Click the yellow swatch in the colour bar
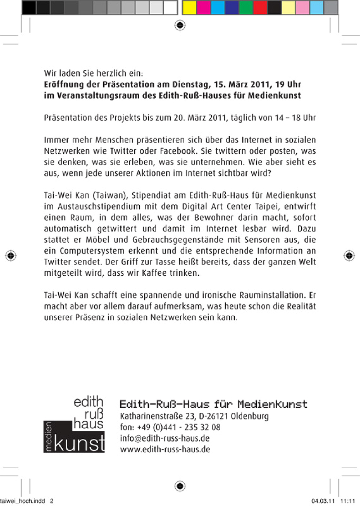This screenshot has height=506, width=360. [189, 8]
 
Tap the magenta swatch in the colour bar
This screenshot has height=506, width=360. [203, 8]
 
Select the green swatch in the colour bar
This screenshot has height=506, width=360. [246, 8]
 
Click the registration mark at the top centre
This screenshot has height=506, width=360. [180, 25]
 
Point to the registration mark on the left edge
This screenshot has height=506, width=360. [11, 256]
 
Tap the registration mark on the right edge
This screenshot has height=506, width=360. [349, 256]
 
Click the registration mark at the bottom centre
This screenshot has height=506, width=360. [180, 486]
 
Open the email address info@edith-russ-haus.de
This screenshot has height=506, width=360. [165, 438]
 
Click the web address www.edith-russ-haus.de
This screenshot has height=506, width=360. [165, 449]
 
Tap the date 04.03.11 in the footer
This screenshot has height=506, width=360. [323, 501]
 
